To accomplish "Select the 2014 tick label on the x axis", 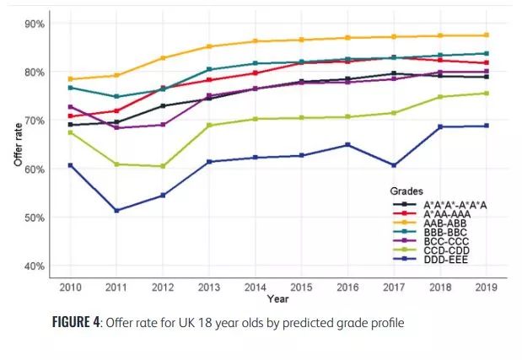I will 255,287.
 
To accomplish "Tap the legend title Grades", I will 407,191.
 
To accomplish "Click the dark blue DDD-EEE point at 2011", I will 116,211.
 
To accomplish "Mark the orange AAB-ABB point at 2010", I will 70,79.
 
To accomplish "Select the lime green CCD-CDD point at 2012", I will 163,166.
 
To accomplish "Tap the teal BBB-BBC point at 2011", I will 116,97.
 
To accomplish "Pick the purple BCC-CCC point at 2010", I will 70,107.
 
